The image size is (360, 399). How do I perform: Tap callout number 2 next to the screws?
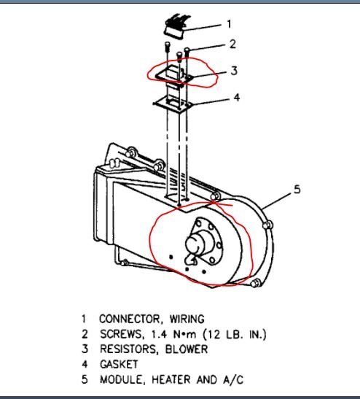tap(232, 44)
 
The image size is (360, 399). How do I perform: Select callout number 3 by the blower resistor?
tap(232, 71)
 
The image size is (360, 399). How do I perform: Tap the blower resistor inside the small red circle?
tap(174, 74)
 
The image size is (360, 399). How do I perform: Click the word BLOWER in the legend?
tap(188, 349)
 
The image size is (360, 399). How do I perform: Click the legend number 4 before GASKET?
tap(85, 364)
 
